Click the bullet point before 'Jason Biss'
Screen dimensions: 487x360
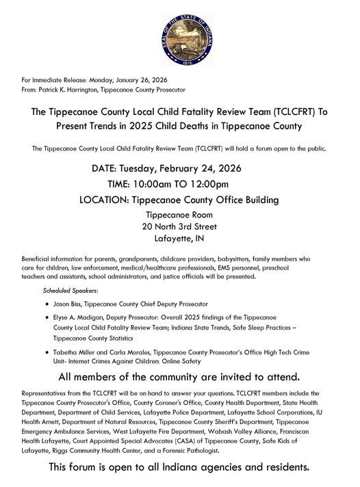click(46, 303)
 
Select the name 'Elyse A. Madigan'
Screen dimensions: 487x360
click(81, 318)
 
